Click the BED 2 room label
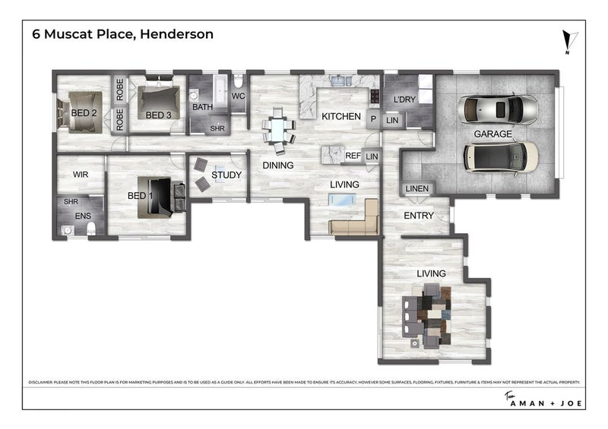click(83, 113)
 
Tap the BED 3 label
click(158, 115)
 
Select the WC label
click(237, 96)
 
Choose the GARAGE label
click(492, 134)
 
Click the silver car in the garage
click(499, 108)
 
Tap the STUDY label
click(226, 175)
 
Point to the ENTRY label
click(418, 216)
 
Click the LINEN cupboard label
click(417, 188)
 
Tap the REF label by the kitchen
click(353, 156)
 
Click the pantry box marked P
click(373, 118)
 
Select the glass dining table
click(278, 130)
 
